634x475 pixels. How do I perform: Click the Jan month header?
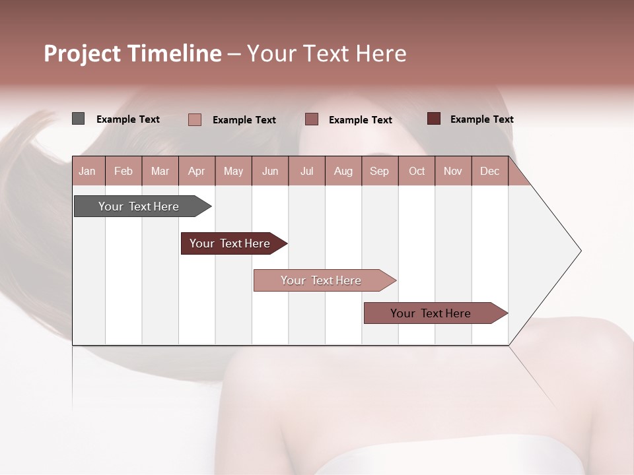[87, 172]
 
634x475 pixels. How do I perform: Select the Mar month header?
[160, 172]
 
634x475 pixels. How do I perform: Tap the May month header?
[233, 172]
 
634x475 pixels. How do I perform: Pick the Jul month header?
[306, 172]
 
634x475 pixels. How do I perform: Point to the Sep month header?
[379, 172]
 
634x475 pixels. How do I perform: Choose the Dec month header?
[489, 172]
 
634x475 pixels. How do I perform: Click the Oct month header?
[417, 172]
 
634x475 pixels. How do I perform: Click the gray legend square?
[79, 119]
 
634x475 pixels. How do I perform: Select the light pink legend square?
[195, 119]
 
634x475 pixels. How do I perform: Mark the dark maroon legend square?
[434, 119]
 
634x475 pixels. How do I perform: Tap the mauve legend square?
[312, 119]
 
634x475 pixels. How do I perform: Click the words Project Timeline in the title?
[132, 53]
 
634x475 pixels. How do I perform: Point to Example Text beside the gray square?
[128, 119]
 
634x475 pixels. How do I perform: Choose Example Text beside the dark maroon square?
[482, 119]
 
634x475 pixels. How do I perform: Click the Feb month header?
[123, 172]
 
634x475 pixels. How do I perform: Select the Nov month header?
[453, 172]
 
